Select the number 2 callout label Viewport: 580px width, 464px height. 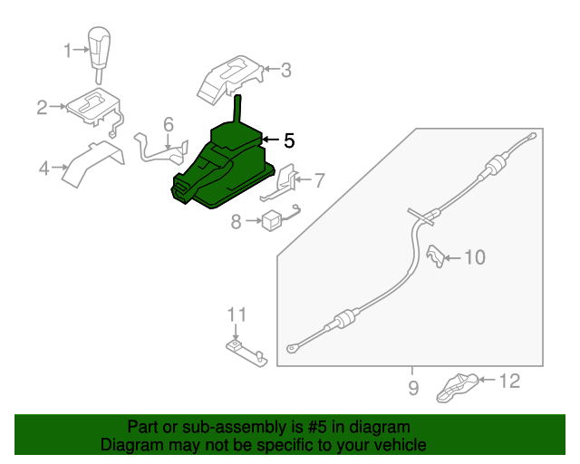(42, 108)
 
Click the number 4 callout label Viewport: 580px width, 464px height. (43, 167)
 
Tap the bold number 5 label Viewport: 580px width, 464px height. (288, 140)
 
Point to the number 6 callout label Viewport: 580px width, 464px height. (169, 123)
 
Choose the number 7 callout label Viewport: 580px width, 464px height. (318, 180)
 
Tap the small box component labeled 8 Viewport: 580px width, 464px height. (270, 219)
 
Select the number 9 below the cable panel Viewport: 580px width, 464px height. (412, 389)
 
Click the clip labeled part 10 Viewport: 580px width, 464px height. (435, 256)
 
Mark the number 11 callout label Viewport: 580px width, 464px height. (237, 314)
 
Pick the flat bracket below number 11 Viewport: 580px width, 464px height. (244, 351)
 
